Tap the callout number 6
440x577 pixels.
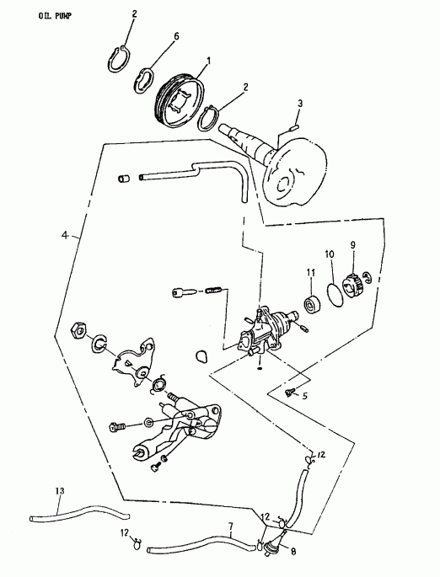coord(176,36)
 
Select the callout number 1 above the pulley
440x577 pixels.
coord(210,61)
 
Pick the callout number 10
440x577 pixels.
coord(330,253)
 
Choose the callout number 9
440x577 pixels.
coord(354,245)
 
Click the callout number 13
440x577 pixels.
coord(58,490)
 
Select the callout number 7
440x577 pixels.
coord(230,527)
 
